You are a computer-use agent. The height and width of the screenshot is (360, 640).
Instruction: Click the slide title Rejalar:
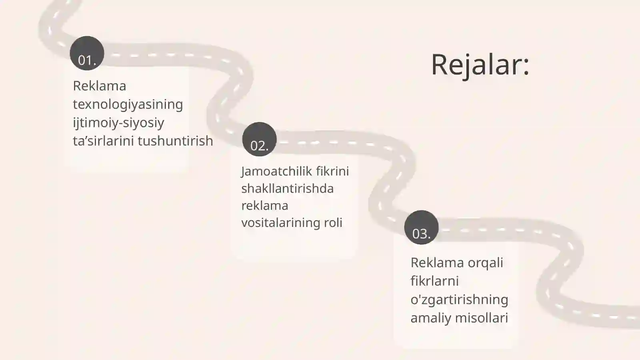point(480,65)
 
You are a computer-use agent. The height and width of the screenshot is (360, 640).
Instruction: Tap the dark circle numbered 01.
point(87,53)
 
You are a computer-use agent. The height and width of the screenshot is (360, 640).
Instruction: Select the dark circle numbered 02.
point(260,139)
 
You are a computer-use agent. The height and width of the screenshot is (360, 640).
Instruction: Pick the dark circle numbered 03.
point(422,228)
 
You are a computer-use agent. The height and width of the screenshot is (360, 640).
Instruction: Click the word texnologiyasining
point(128,104)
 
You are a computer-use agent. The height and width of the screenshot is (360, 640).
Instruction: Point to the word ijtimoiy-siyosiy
point(118,123)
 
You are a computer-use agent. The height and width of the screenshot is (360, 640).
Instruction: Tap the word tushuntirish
point(176,141)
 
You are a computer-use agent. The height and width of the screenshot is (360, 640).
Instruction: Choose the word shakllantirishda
point(288,188)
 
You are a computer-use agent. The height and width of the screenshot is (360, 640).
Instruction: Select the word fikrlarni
point(434,281)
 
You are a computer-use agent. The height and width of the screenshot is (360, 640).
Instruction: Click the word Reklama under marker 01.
point(100,86)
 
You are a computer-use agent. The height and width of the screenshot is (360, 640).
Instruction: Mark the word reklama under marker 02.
point(265,206)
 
